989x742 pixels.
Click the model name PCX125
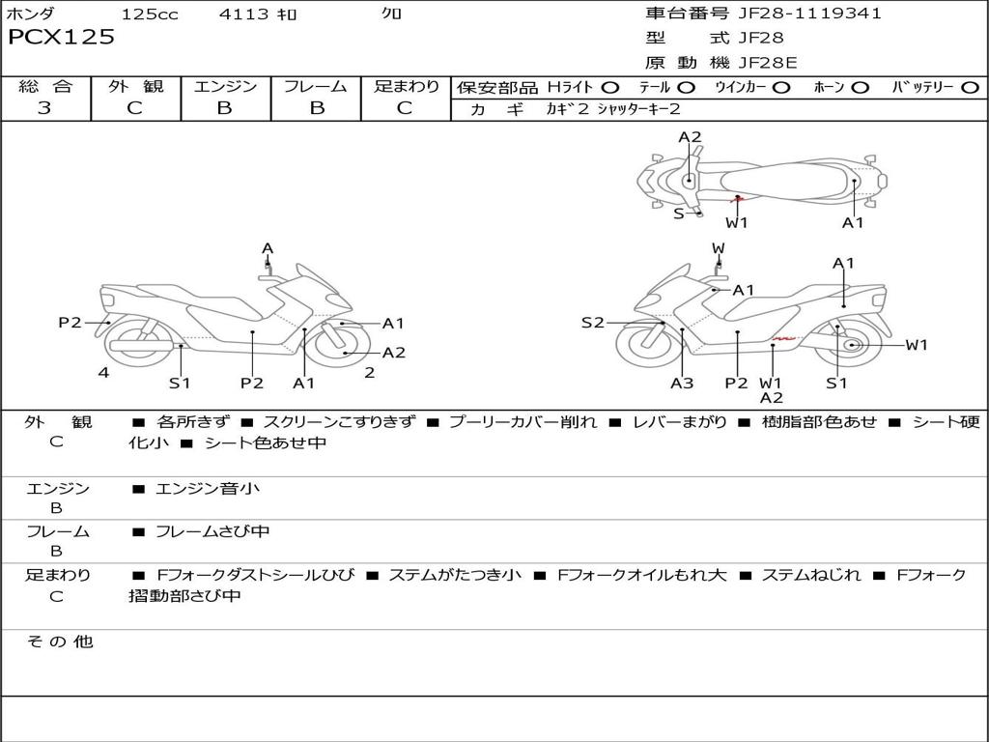click(x=61, y=38)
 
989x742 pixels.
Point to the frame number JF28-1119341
click(x=809, y=14)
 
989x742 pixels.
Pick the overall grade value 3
click(x=44, y=108)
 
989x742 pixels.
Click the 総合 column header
click(x=44, y=86)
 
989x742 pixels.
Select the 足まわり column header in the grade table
click(x=406, y=86)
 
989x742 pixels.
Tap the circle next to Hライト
click(x=610, y=88)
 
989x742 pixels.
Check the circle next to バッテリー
click(x=970, y=88)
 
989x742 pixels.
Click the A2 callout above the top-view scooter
click(x=690, y=137)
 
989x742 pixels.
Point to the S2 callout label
click(x=592, y=323)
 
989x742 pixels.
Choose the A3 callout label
click(x=682, y=383)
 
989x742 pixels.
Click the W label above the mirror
click(x=719, y=248)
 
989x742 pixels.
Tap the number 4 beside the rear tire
click(x=103, y=372)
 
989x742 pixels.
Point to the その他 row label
click(x=59, y=642)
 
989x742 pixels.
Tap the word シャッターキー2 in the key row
click(x=638, y=109)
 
